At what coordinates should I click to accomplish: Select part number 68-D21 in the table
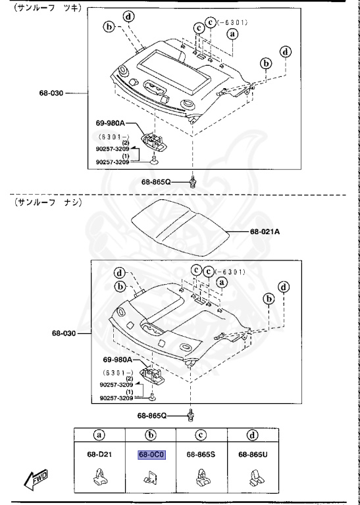click(99, 454)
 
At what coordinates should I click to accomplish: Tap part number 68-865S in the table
click(200, 454)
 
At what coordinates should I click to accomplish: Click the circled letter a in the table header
click(99, 434)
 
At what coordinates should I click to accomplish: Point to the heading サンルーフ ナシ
click(44, 203)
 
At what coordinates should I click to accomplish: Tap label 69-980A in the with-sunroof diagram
click(116, 123)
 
